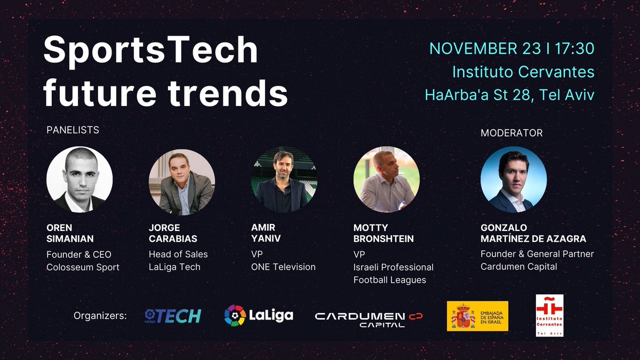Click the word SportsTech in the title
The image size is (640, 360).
[x=151, y=51]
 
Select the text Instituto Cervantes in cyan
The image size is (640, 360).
[x=523, y=71]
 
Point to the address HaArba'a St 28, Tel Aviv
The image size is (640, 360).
[x=509, y=95]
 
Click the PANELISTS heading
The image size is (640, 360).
[x=73, y=130]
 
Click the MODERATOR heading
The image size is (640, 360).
[x=511, y=133]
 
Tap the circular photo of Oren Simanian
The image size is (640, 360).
[x=79, y=180]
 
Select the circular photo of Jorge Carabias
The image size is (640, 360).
[x=182, y=182]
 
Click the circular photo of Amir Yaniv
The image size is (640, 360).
[x=284, y=180]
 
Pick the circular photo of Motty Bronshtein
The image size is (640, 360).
[x=386, y=180]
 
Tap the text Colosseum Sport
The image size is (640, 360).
[x=83, y=267]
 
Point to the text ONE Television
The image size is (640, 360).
[x=283, y=267]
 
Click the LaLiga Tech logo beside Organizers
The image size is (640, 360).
[x=172, y=316]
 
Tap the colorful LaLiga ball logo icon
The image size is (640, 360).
[x=235, y=315]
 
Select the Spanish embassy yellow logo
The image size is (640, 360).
[x=477, y=316]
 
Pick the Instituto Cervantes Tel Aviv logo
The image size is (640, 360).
[x=549, y=316]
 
